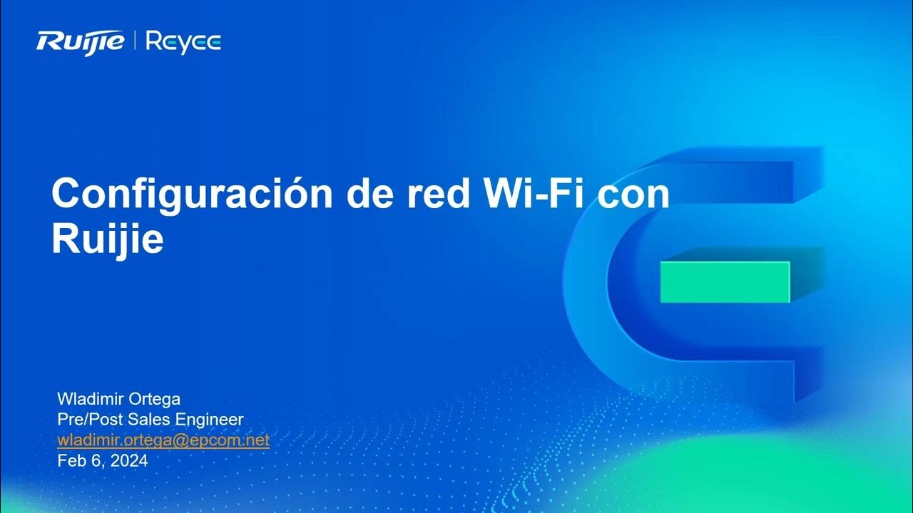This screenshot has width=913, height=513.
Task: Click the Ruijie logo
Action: click(x=81, y=42)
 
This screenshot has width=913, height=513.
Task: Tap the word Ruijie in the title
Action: click(x=107, y=241)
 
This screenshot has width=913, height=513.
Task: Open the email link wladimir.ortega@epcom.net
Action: click(x=163, y=440)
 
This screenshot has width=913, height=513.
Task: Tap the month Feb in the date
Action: click(x=70, y=461)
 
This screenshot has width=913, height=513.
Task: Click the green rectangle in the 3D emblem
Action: click(x=725, y=281)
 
